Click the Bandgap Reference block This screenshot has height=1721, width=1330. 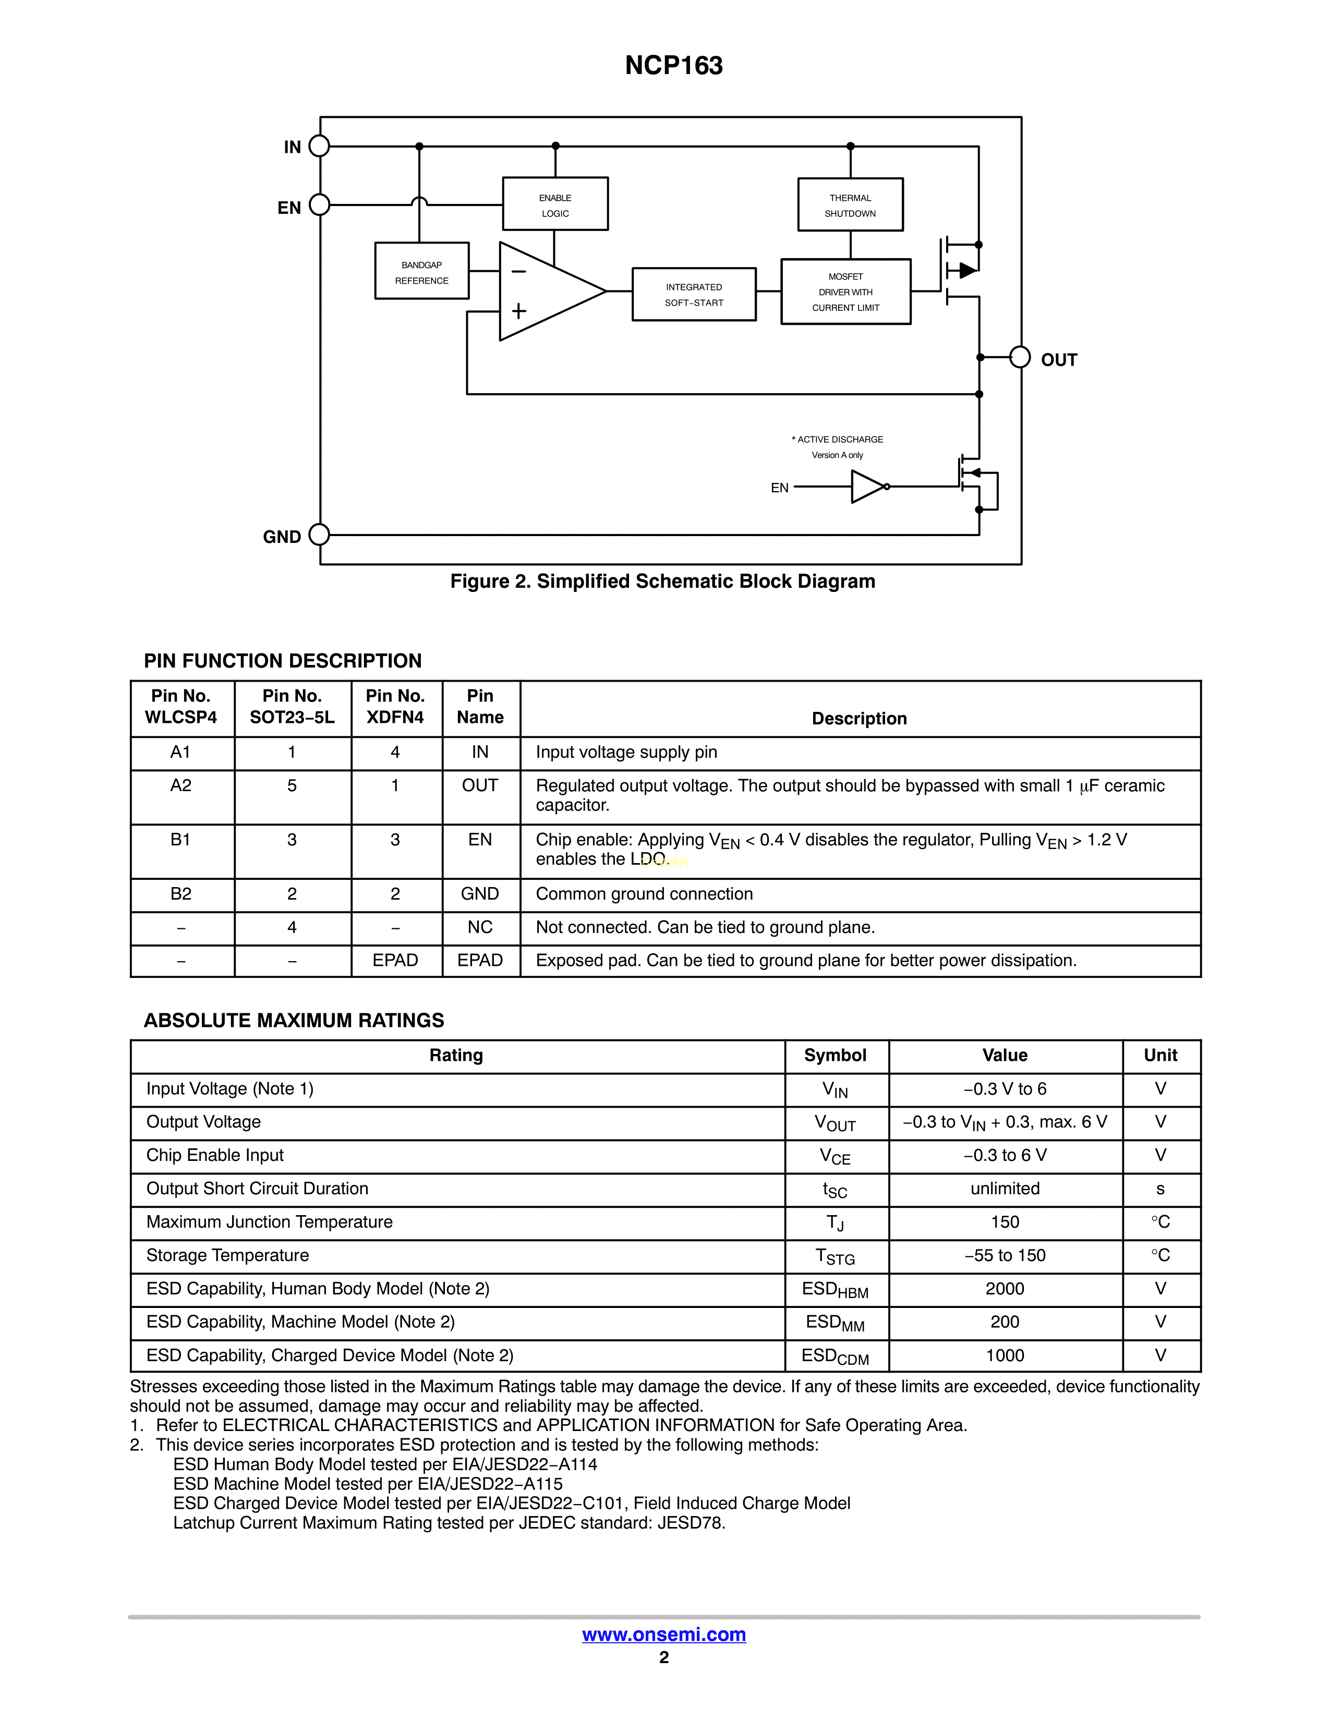tap(421, 271)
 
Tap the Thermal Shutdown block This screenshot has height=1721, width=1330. tap(850, 205)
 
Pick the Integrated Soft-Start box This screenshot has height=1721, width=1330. tap(693, 294)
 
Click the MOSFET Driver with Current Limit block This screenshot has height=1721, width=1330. tap(845, 292)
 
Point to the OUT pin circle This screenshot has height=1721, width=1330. tap(1020, 357)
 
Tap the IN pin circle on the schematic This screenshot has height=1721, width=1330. tap(319, 146)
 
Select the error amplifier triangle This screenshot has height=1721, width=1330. tap(543, 292)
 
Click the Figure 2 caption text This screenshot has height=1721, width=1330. tap(662, 581)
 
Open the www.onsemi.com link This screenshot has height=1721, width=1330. tap(663, 1634)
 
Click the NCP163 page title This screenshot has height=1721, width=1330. tap(674, 65)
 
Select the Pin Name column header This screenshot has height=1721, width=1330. tap(480, 707)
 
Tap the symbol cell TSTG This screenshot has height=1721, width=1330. tap(835, 1256)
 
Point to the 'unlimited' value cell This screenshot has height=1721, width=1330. tap(1005, 1189)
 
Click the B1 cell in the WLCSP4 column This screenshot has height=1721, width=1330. tap(180, 840)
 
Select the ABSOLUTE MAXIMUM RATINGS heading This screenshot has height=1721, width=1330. tap(294, 1021)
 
